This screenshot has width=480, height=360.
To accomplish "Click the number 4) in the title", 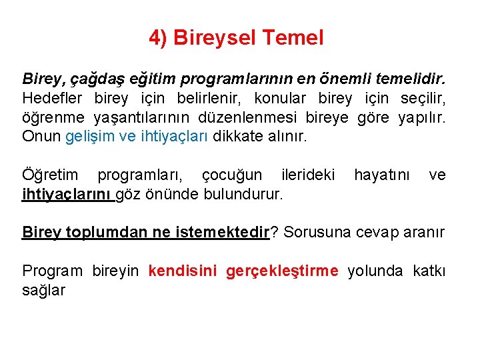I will (158, 38).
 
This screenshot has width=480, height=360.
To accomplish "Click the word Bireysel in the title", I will (215, 38).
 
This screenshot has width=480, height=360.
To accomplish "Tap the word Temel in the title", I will (293, 38).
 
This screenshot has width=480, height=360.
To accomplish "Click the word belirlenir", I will (207, 99).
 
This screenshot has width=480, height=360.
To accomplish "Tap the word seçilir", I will (423, 99).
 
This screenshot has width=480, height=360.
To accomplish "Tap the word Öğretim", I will (49, 175).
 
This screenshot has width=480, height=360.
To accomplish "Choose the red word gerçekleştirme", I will (282, 271).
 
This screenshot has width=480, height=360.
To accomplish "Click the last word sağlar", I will (43, 290).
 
